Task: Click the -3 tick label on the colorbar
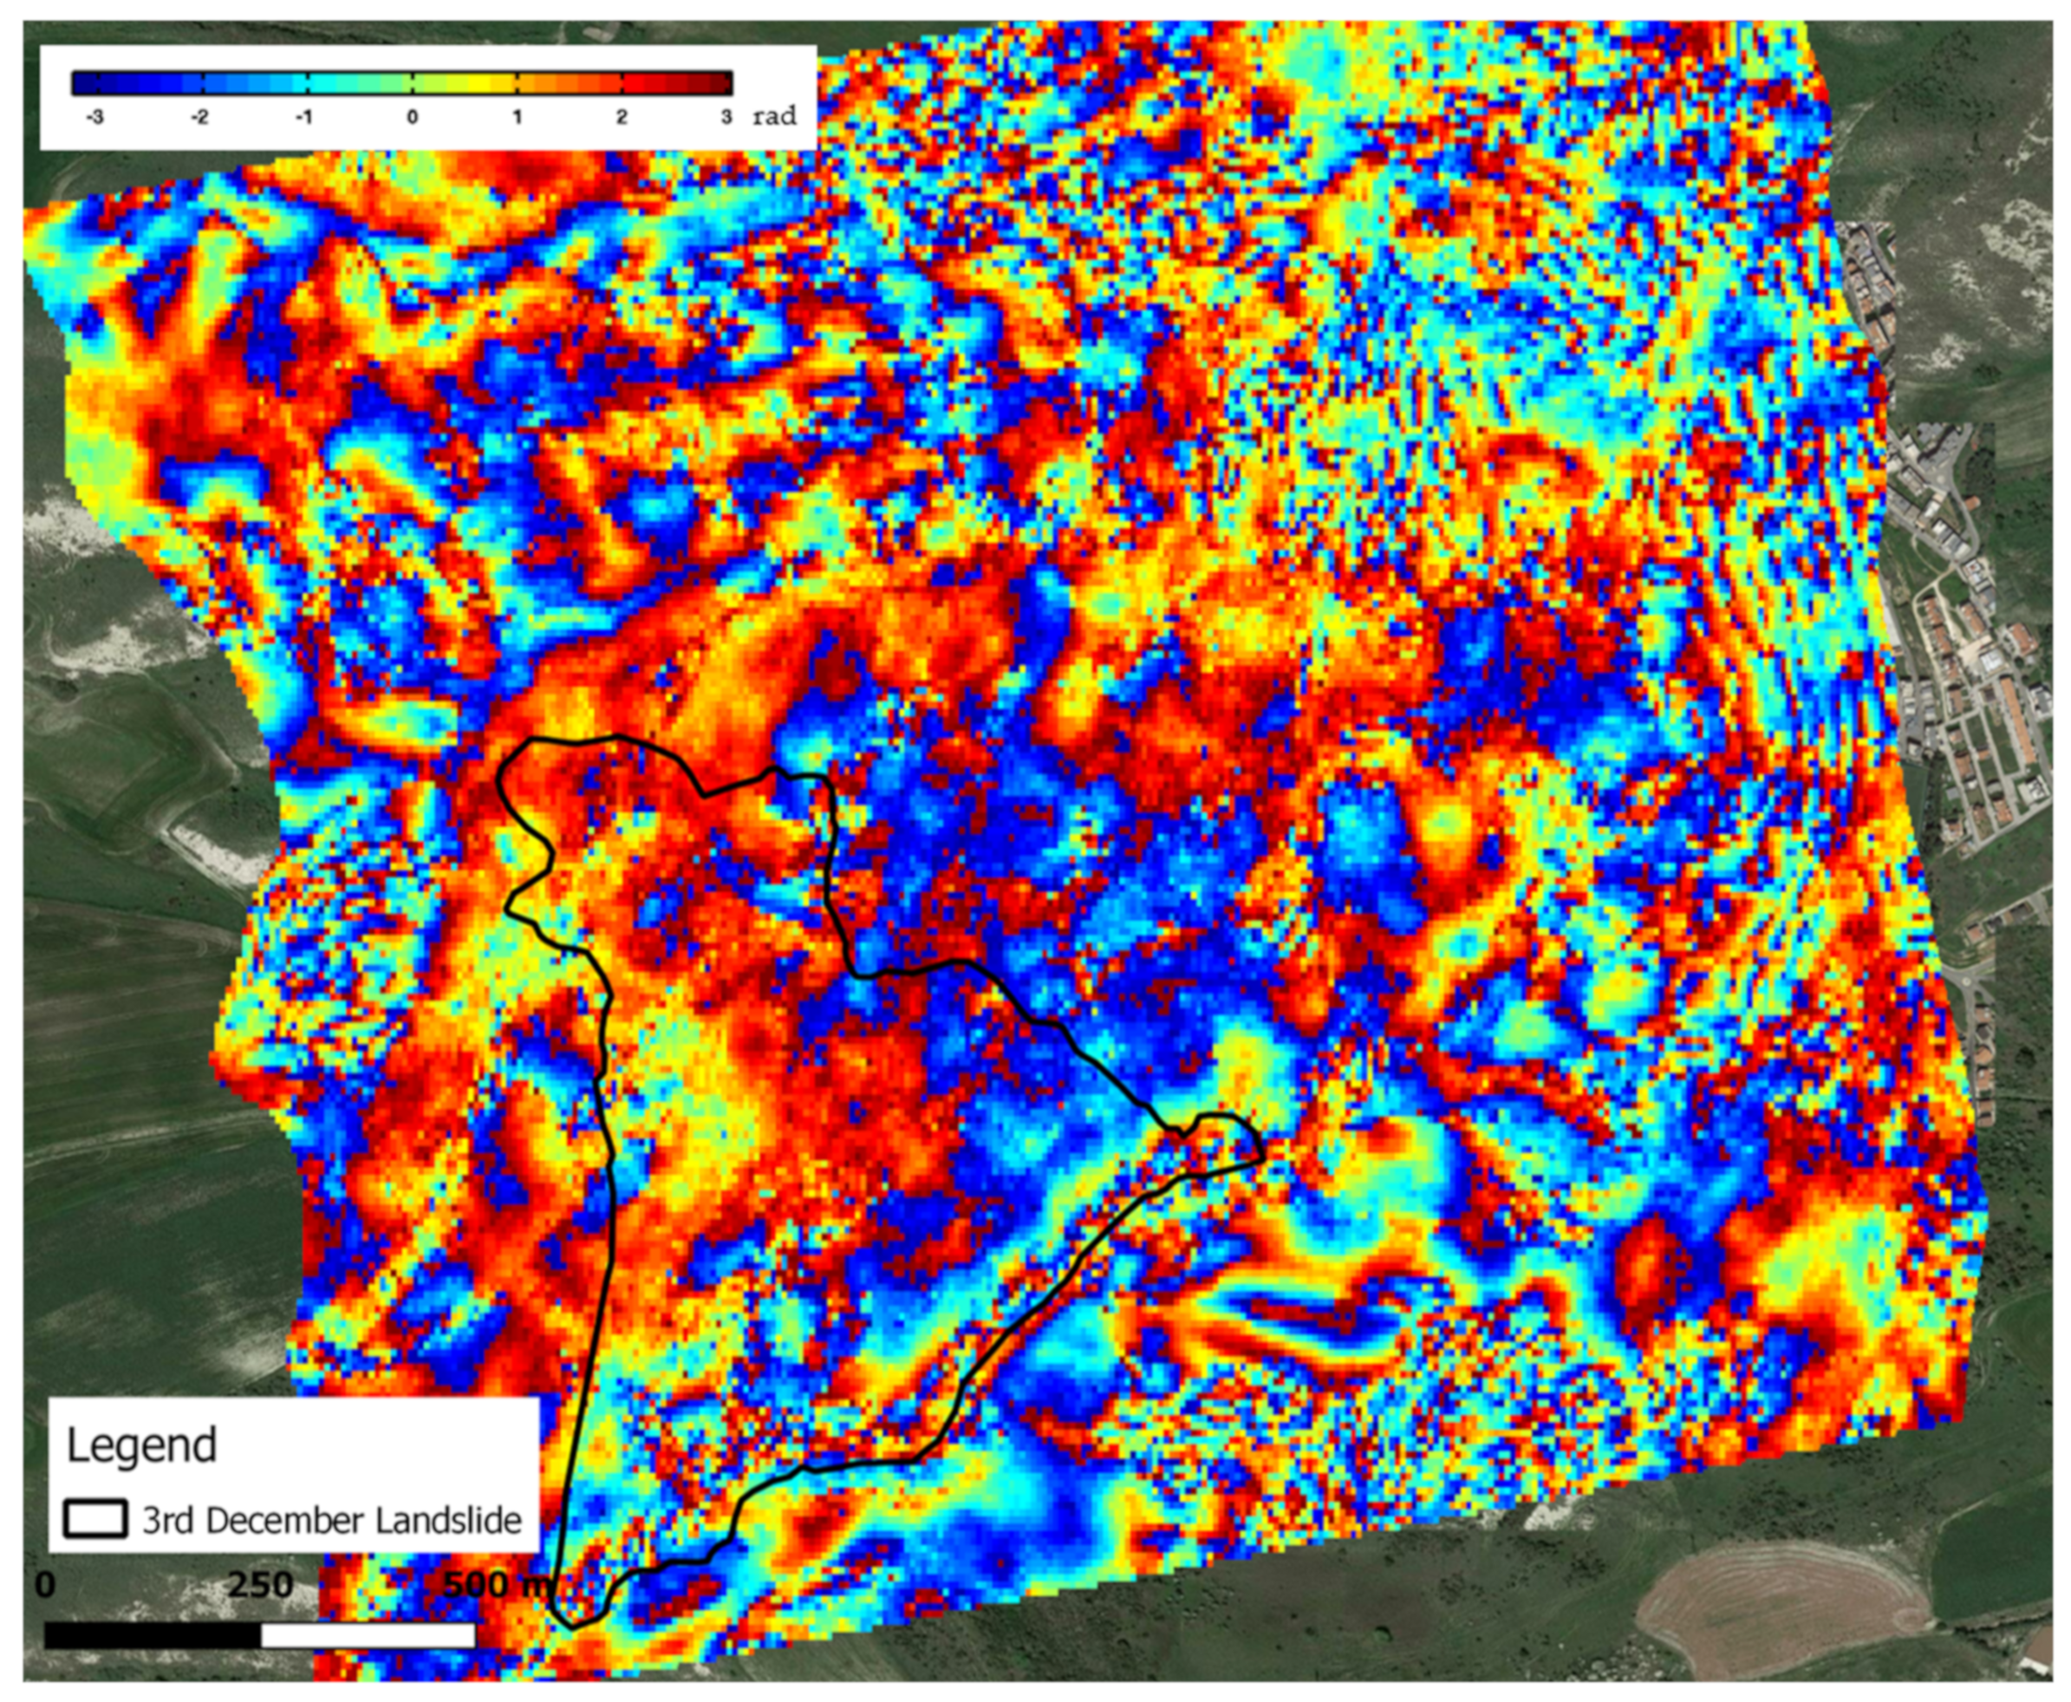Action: click(x=94, y=117)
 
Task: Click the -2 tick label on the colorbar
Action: click(x=199, y=117)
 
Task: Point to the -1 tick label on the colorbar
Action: click(x=305, y=117)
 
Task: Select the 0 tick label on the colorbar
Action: click(x=413, y=117)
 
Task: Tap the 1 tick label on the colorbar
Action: click(x=518, y=117)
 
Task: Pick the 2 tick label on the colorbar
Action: click(x=622, y=117)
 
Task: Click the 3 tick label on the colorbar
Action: click(x=726, y=117)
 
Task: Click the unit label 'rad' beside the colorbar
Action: click(x=774, y=117)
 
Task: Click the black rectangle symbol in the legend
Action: click(x=95, y=1519)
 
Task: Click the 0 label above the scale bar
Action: click(x=45, y=1585)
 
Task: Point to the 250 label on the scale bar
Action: click(x=261, y=1585)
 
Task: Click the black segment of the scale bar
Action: click(x=152, y=1635)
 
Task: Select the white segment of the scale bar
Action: click(x=368, y=1635)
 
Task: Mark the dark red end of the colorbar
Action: click(x=721, y=82)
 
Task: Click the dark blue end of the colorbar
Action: click(x=82, y=82)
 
